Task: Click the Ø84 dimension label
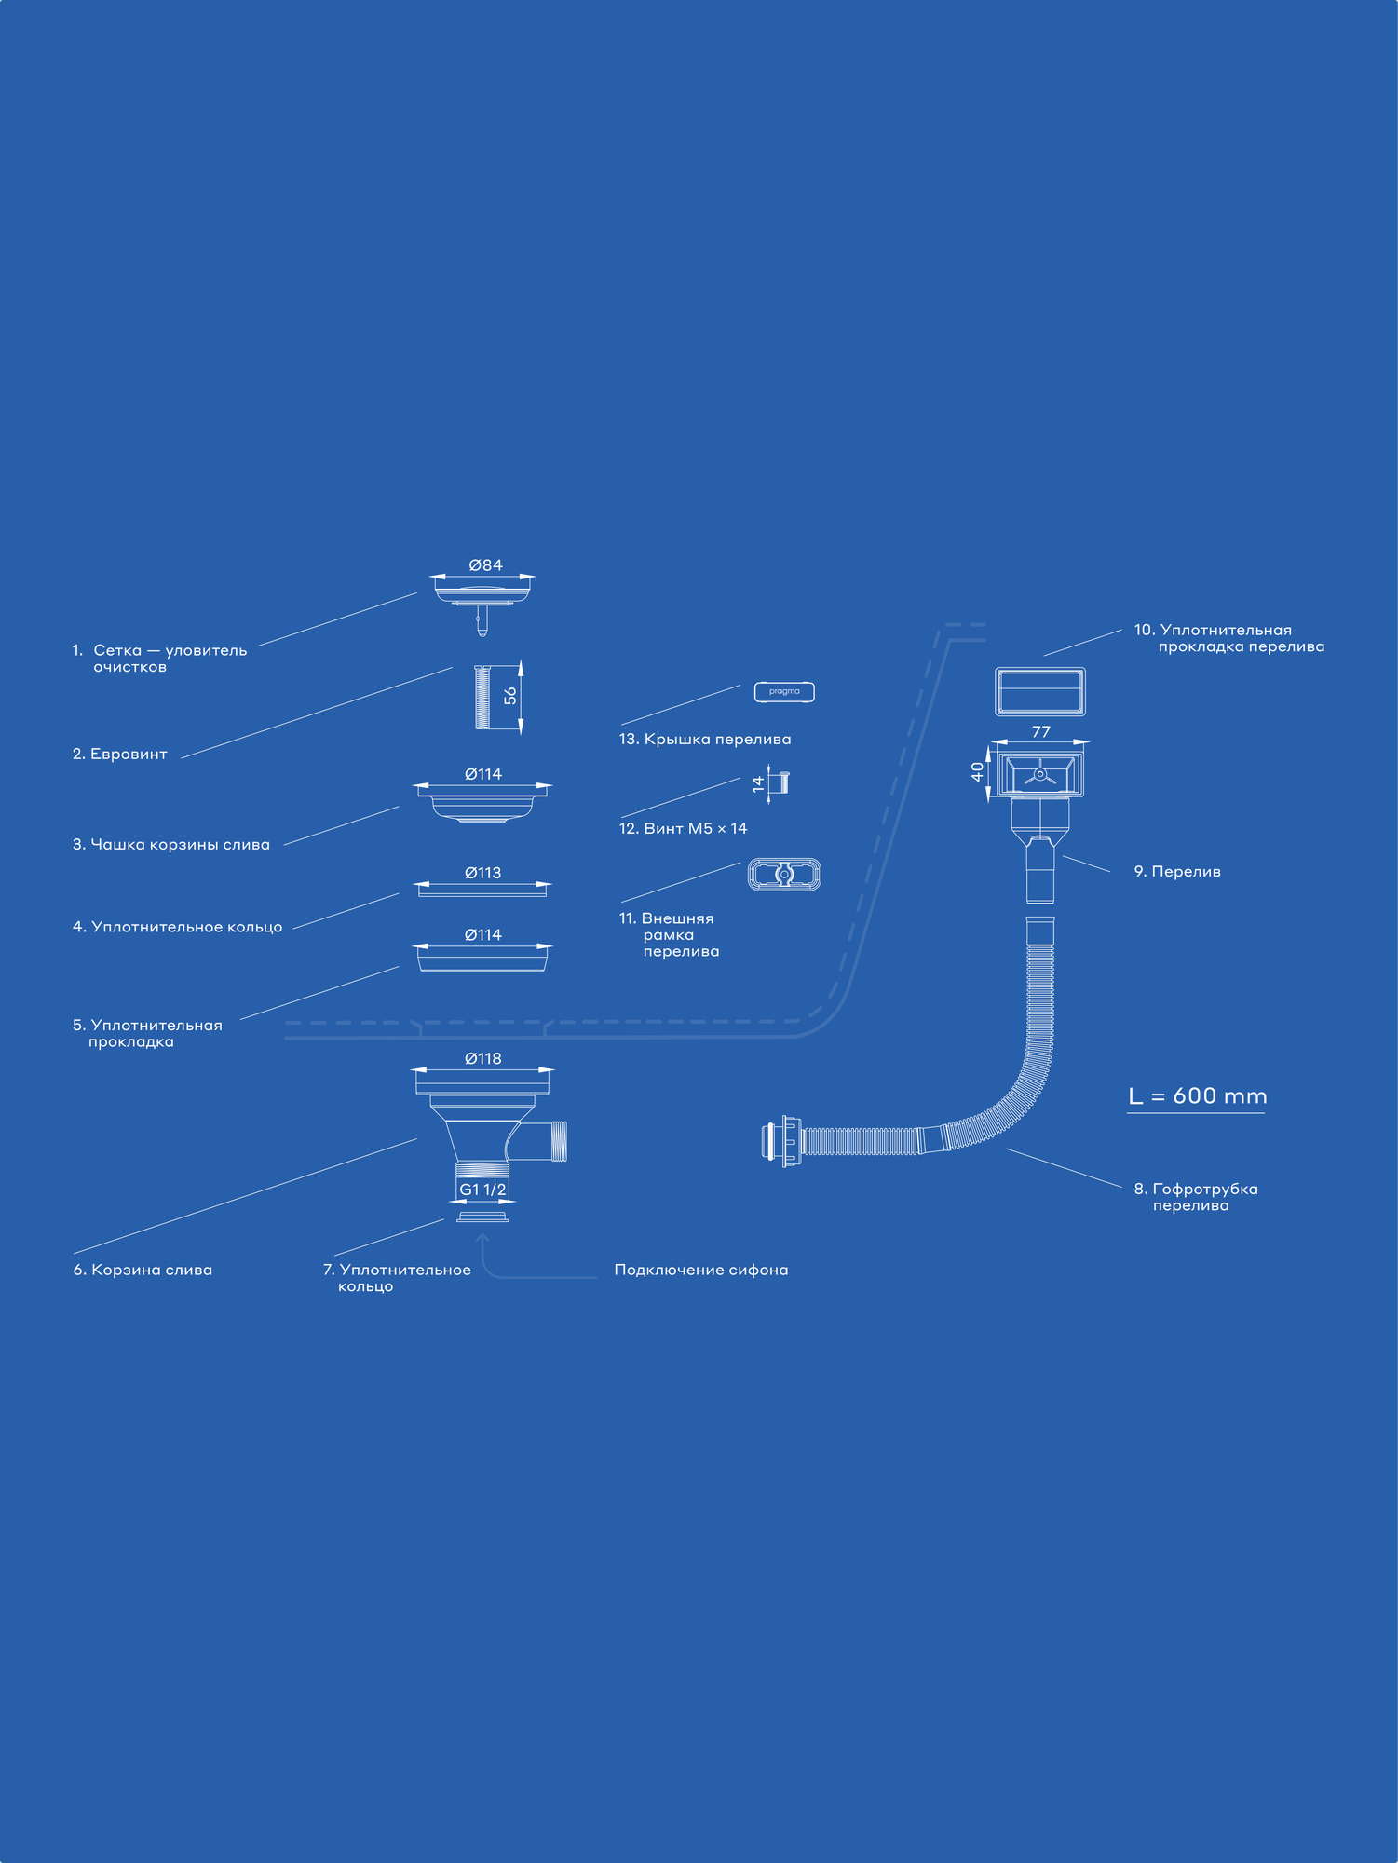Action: pyautogui.click(x=485, y=565)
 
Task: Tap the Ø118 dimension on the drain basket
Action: pyautogui.click(x=482, y=1058)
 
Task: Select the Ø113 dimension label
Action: pyautogui.click(x=482, y=873)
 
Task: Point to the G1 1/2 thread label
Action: pyautogui.click(x=482, y=1190)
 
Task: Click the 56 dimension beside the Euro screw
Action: pyautogui.click(x=509, y=696)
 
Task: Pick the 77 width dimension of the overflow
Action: pyautogui.click(x=1040, y=732)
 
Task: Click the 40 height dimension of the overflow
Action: pyautogui.click(x=977, y=771)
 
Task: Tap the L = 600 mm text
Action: pyautogui.click(x=1197, y=1096)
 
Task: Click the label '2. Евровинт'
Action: pyautogui.click(x=120, y=754)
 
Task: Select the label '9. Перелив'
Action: pyautogui.click(x=1177, y=872)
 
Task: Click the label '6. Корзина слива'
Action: pyautogui.click(x=143, y=1270)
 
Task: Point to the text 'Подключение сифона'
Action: pyautogui.click(x=701, y=1270)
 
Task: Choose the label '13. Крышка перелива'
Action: pyautogui.click(x=705, y=740)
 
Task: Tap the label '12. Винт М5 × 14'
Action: pyautogui.click(x=683, y=828)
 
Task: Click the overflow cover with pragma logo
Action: pyautogui.click(x=784, y=692)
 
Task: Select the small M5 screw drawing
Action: pyautogui.click(x=782, y=782)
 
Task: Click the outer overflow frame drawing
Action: pyautogui.click(x=784, y=875)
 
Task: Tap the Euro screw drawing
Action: pyautogui.click(x=482, y=697)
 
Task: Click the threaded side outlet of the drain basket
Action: pyautogui.click(x=558, y=1141)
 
